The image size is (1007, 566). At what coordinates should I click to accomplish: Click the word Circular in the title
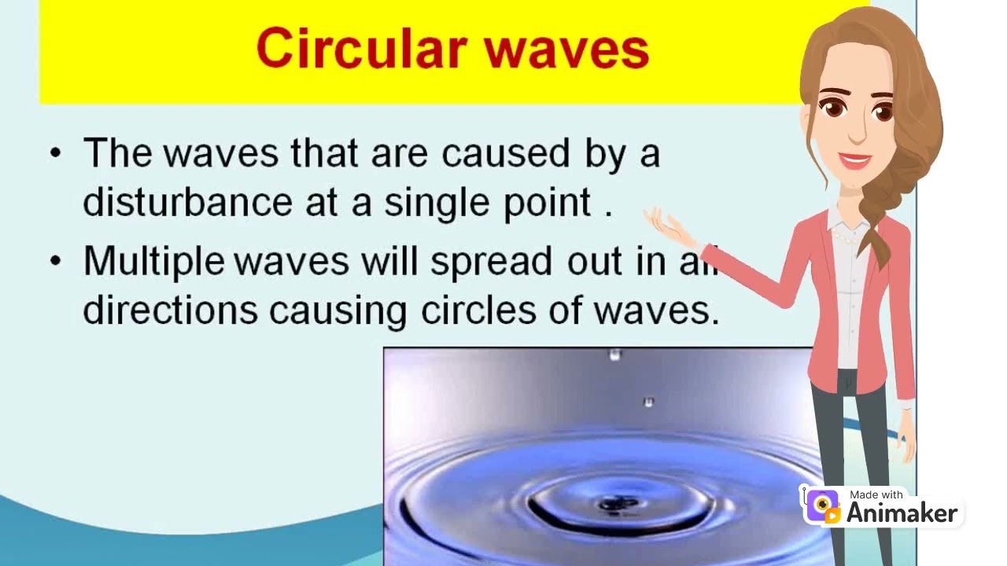361,49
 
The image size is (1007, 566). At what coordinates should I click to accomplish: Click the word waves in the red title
566,49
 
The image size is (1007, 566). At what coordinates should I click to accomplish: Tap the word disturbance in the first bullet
187,202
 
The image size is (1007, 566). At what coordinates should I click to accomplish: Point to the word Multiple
153,262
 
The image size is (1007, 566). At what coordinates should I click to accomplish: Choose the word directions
170,310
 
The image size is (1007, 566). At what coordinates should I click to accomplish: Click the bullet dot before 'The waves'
54,153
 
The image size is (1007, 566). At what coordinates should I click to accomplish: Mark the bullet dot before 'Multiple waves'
54,261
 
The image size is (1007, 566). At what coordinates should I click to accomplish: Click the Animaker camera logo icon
822,506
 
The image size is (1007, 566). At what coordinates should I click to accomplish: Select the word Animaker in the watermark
902,513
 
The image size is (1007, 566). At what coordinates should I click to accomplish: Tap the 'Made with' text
876,494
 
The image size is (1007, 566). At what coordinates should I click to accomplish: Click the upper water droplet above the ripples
615,355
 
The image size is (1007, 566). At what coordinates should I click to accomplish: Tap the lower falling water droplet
648,402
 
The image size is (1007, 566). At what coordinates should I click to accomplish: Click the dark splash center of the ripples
610,504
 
